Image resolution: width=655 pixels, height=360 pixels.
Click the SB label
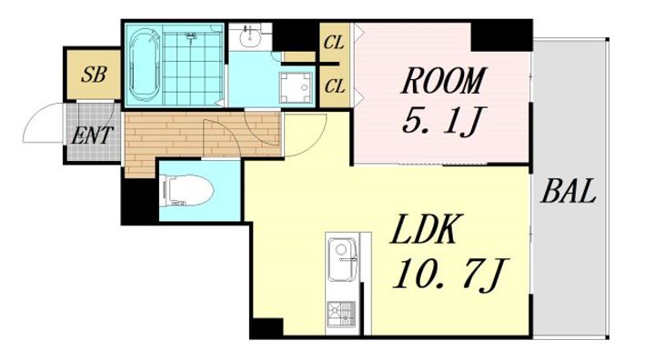tap(94, 75)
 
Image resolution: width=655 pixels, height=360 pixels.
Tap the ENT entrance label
tap(92, 135)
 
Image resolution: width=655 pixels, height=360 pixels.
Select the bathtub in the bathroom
tap(145, 65)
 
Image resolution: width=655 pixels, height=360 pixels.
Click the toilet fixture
tap(186, 190)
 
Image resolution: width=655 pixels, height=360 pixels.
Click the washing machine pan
tap(297, 87)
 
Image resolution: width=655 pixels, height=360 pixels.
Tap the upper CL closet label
tap(334, 43)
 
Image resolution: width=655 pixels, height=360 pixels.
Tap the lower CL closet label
tap(335, 86)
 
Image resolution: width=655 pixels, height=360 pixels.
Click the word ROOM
tap(443, 81)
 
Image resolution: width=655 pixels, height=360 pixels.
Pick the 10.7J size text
tap(450, 274)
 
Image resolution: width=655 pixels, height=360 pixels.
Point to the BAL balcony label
tap(568, 191)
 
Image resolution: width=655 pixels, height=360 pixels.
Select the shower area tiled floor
tap(192, 66)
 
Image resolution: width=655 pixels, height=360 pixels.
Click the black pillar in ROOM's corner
tap(501, 36)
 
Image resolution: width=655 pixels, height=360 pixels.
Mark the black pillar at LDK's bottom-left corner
tap(267, 327)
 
